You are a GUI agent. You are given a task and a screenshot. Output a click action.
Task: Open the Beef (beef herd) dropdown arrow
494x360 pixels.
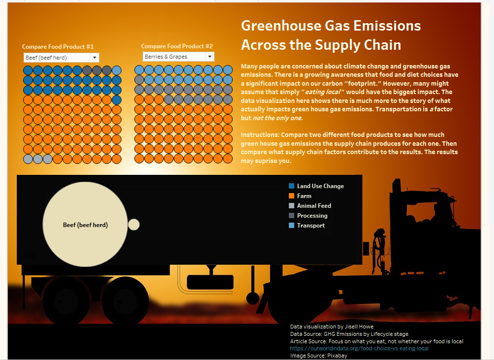(x=94, y=58)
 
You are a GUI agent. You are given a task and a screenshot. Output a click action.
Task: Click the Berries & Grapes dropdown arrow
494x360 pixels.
(x=210, y=57)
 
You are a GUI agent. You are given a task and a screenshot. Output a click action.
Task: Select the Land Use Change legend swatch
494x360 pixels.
(x=291, y=186)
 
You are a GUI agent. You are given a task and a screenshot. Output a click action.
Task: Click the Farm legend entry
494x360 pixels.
(x=300, y=196)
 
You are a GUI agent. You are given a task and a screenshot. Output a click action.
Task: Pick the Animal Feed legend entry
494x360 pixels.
(x=310, y=205)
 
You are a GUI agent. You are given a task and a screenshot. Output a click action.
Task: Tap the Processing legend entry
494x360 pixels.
(x=308, y=216)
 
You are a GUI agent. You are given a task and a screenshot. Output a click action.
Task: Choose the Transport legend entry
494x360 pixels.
(x=307, y=226)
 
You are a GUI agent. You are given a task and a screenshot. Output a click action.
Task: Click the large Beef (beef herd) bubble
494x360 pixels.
(x=85, y=225)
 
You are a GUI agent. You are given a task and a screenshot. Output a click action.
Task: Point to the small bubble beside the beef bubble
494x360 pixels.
(x=133, y=225)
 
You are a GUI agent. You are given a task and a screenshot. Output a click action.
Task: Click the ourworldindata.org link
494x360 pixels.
(x=359, y=348)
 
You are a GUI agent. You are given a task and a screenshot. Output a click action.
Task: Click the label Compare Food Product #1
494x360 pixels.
(x=58, y=47)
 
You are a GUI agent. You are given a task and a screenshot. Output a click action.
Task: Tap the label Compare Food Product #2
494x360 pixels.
(x=177, y=46)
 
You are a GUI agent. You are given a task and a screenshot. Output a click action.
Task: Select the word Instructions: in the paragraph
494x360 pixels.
(x=260, y=135)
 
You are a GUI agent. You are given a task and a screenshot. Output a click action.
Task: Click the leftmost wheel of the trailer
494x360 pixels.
(x=63, y=301)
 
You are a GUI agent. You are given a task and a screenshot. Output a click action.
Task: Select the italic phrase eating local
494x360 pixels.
(x=323, y=92)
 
